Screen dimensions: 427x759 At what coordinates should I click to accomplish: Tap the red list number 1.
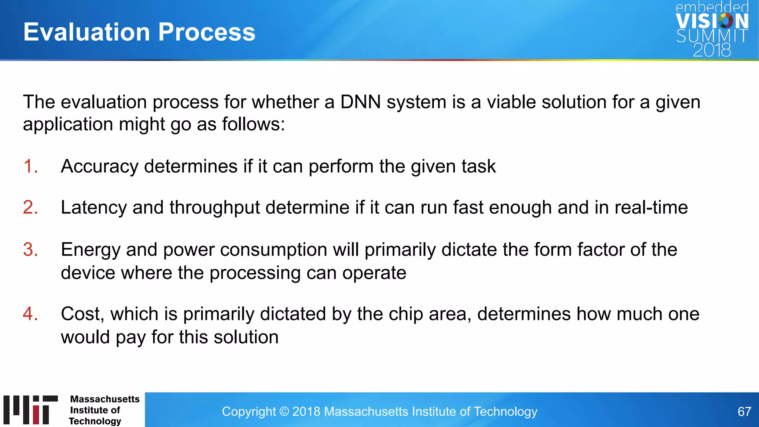[x=30, y=166]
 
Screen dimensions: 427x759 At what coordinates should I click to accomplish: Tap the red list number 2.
[x=30, y=207]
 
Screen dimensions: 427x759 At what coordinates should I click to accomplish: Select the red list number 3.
[x=30, y=249]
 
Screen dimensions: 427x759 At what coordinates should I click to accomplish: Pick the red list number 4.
[x=30, y=314]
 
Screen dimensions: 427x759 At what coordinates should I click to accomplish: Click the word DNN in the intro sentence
[x=360, y=102]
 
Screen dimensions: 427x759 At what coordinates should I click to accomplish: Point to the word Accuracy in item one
[x=99, y=166]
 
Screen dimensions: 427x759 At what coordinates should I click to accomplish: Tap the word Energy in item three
[x=90, y=250]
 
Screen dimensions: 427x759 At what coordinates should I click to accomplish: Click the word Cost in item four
[x=80, y=314]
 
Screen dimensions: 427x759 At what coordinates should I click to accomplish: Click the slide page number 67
[x=744, y=411]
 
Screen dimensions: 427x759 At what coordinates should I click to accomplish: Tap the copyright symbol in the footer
[x=284, y=411]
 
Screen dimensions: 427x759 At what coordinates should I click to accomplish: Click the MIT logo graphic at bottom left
[x=30, y=410]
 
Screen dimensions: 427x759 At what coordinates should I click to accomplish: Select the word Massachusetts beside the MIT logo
[x=105, y=399]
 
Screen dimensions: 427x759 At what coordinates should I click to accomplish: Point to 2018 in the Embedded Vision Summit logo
[x=712, y=50]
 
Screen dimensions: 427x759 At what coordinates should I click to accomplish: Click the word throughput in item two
[x=215, y=208]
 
